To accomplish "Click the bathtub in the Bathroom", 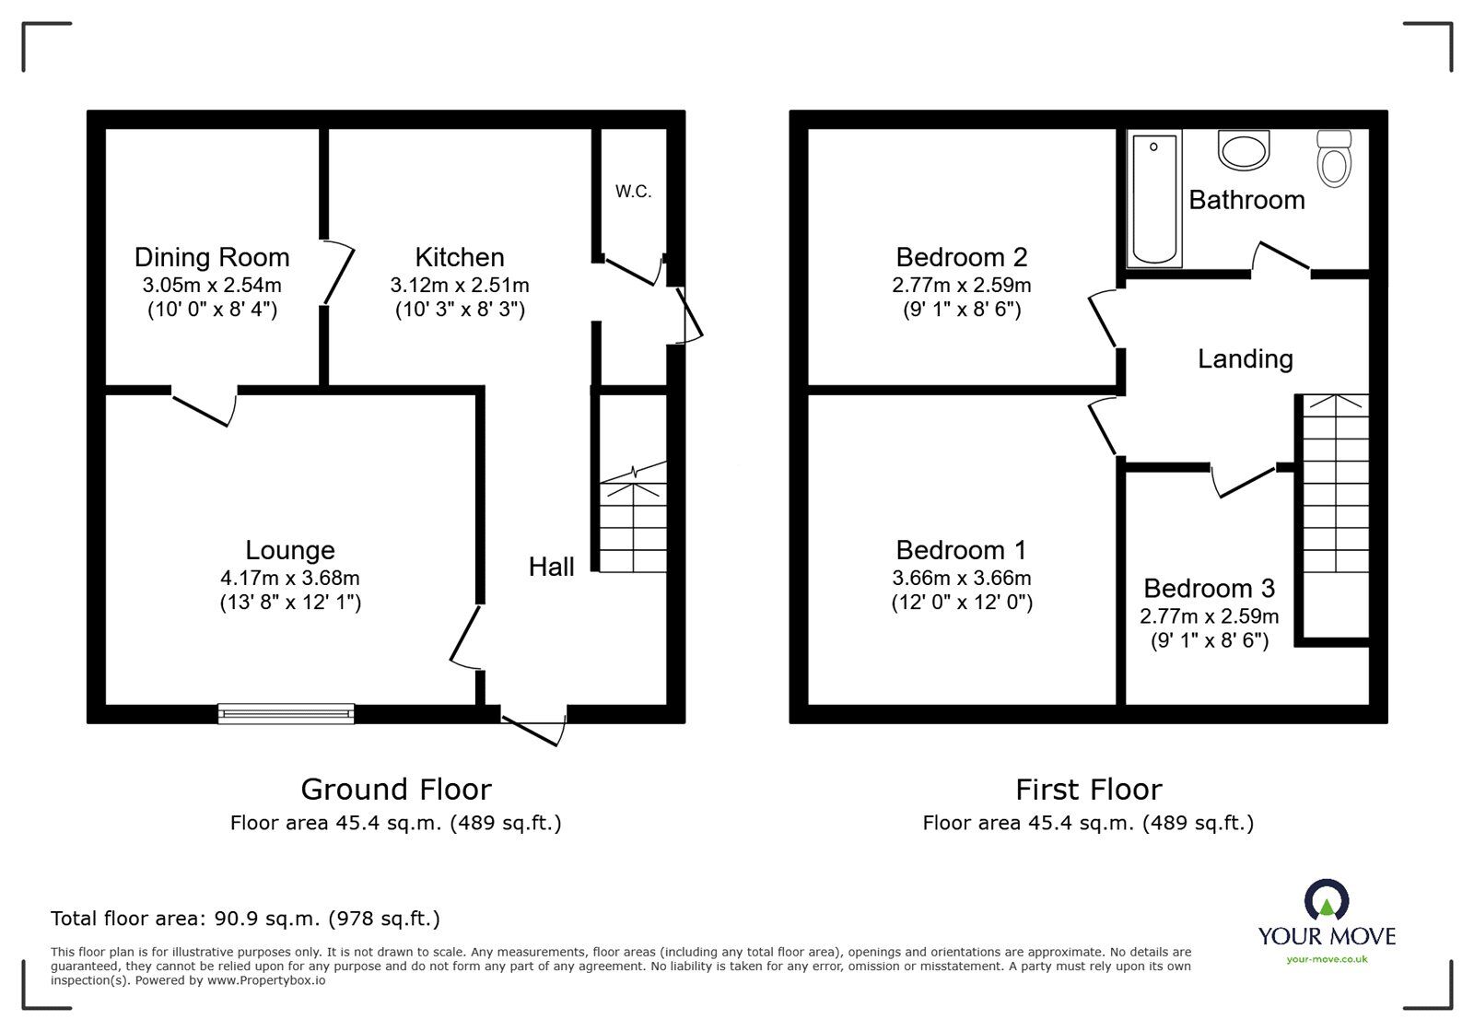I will click(x=1153, y=199).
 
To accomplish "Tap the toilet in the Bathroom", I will click(x=1333, y=159).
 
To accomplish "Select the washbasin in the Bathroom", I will click(x=1244, y=149).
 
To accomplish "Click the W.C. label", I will click(x=633, y=192).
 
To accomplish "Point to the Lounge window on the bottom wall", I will click(x=287, y=712).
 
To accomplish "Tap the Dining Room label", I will click(x=212, y=257).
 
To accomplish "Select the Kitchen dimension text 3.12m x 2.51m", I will click(x=460, y=285).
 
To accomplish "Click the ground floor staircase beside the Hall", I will click(x=634, y=521).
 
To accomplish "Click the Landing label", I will click(x=1245, y=358).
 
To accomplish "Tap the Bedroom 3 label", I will click(x=1210, y=588).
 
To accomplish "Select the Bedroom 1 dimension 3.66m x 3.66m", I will click(x=961, y=579).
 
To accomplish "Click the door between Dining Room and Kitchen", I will click(x=338, y=273).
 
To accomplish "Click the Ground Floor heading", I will click(x=396, y=789).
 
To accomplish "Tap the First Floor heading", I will click(x=1088, y=789).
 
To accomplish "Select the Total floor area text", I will click(x=245, y=919).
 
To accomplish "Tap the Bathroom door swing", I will click(x=1281, y=257).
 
